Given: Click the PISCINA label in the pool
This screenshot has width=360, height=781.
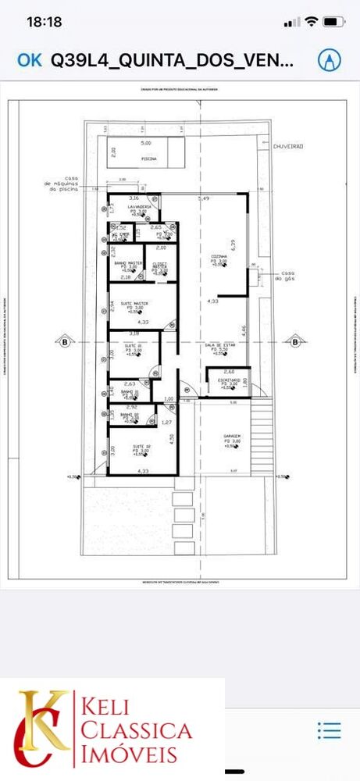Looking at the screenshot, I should pos(148,159).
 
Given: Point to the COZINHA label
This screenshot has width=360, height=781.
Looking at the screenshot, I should pos(218,256).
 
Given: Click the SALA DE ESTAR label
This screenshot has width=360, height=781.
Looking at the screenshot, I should pos(220,344).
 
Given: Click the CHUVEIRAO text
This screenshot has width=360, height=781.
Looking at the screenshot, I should pos(288,145).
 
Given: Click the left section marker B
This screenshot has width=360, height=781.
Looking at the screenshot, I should pos(63,341).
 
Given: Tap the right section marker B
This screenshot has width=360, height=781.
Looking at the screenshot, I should pos(295,341).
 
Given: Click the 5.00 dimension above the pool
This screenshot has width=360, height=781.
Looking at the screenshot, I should pos(146,144).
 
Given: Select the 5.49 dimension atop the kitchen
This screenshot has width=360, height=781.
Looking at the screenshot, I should pos(204,199).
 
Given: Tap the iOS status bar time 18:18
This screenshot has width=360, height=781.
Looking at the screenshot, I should pos(44,22).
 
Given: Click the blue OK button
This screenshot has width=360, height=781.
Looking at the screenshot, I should pos(29,60).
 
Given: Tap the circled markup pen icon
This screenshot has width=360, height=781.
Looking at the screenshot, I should pos(330,60).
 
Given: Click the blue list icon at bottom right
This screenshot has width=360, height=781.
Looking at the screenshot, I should pos(329,731).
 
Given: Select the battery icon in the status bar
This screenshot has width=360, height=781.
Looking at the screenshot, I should pos(333,22).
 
